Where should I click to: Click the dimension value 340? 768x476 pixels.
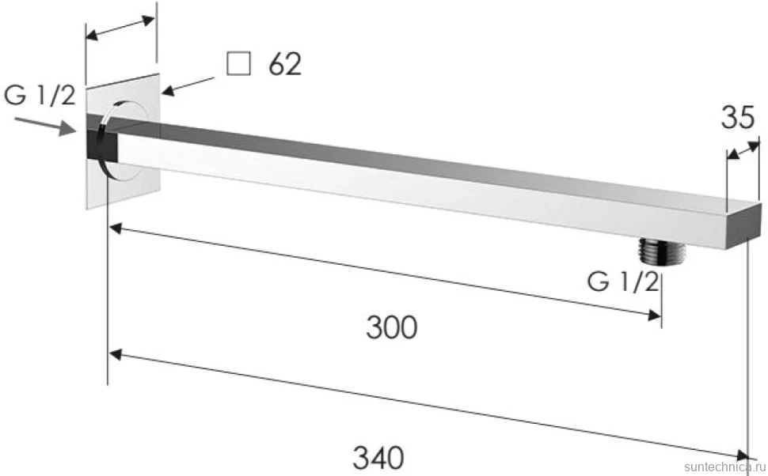click(378, 457)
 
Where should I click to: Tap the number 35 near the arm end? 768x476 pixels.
click(738, 117)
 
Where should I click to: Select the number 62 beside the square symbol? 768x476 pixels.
click(284, 63)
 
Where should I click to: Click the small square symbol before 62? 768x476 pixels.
click(238, 63)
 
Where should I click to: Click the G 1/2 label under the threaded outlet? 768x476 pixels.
click(623, 281)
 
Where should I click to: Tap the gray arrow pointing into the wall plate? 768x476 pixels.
click(45, 126)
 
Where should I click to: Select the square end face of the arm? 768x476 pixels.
click(743, 226)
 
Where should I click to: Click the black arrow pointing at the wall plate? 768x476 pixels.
click(188, 86)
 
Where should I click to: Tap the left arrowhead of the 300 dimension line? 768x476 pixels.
click(116, 229)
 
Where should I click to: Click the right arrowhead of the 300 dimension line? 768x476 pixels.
click(654, 315)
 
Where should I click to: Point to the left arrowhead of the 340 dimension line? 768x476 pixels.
click(116, 354)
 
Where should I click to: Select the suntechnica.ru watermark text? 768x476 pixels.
click(725, 467)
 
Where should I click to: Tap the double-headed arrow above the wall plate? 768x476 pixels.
click(120, 28)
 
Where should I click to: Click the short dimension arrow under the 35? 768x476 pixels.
click(743, 149)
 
